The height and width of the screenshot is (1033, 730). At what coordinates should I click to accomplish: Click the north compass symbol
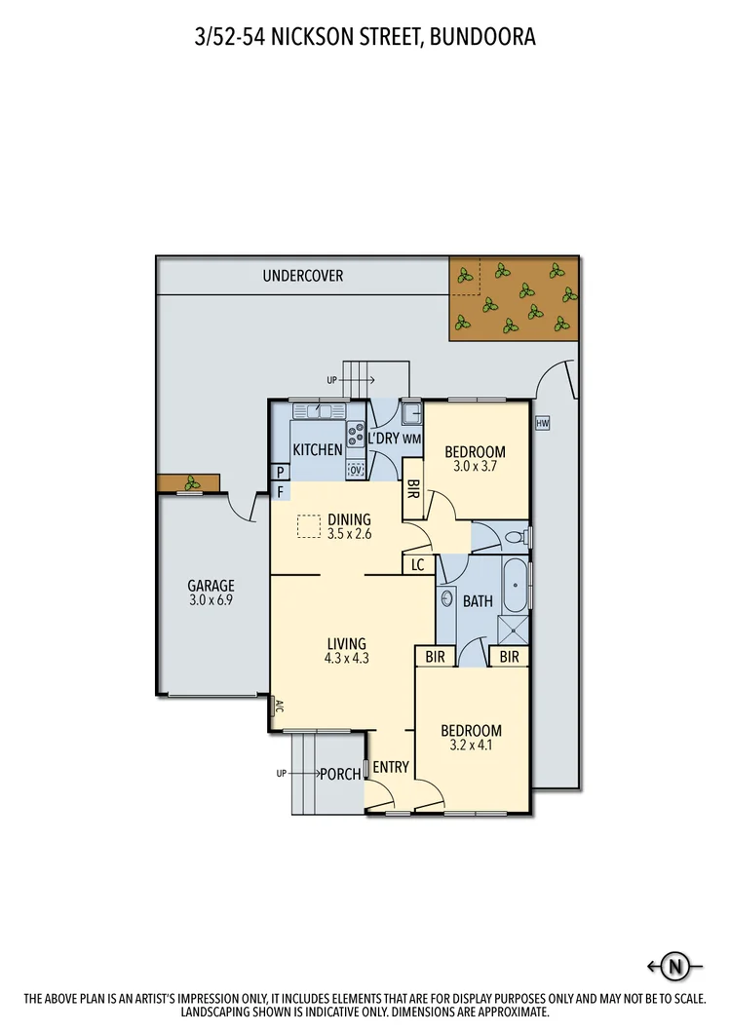tap(674, 967)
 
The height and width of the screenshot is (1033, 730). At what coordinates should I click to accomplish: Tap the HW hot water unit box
tap(543, 424)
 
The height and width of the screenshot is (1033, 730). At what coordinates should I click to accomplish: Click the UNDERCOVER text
tap(302, 276)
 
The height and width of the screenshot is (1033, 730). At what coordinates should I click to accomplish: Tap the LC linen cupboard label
tap(418, 564)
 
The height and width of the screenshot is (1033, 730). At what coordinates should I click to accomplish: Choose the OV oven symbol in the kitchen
tap(356, 470)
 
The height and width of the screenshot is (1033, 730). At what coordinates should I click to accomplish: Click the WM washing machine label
tap(411, 440)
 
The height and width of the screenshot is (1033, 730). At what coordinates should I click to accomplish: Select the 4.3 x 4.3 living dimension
tap(346, 658)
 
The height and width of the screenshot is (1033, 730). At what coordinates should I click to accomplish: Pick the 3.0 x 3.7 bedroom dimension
tap(475, 467)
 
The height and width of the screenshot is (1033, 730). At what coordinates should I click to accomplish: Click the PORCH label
tap(340, 775)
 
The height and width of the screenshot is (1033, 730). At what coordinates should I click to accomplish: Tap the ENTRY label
tap(390, 767)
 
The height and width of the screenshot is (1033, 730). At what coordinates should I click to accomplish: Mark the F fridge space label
tap(281, 492)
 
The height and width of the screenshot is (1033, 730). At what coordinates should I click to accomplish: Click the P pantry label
tap(281, 472)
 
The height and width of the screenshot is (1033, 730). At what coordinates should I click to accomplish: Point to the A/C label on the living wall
tap(278, 708)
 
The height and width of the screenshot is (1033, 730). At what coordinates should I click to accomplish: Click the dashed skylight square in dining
tap(310, 526)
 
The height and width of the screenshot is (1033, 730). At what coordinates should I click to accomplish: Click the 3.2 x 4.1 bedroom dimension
tap(471, 746)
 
